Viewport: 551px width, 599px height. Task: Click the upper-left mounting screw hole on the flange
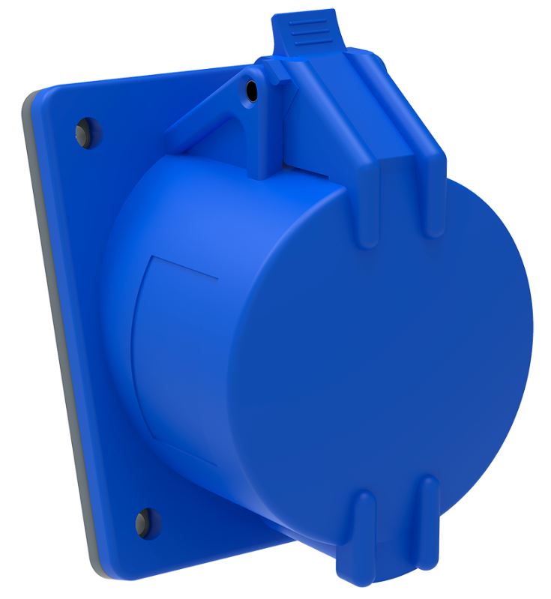pyautogui.click(x=82, y=133)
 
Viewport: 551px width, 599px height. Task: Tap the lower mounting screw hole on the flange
pyautogui.click(x=144, y=520)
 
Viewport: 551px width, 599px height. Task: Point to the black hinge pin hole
pyautogui.click(x=251, y=91)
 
